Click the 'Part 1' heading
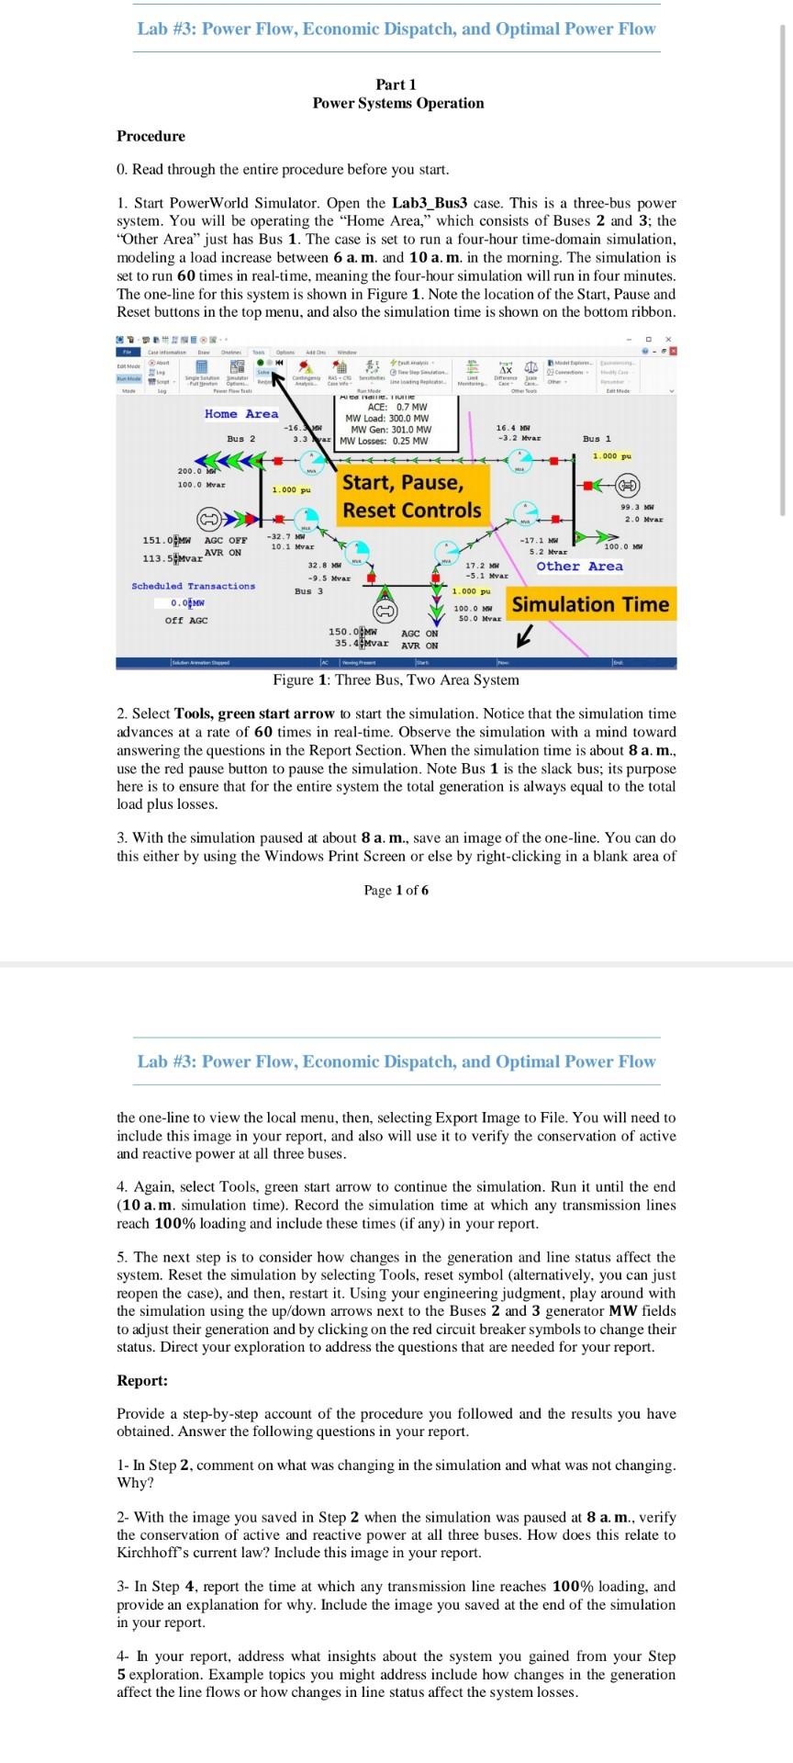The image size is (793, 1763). [396, 84]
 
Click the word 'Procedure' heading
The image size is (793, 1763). [151, 136]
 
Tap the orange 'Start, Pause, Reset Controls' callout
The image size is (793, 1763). [411, 497]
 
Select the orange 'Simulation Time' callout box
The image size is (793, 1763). [590, 604]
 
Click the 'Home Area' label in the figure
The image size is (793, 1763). [241, 414]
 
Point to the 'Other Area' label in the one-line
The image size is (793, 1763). [579, 567]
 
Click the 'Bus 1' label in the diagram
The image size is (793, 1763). [596, 439]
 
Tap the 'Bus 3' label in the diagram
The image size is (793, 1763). [308, 591]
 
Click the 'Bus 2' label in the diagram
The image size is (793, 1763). [241, 439]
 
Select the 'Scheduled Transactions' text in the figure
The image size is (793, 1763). [194, 586]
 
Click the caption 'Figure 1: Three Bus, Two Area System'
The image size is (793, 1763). [396, 680]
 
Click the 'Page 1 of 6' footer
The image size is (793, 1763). [396, 890]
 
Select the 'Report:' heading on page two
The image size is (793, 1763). [142, 1380]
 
